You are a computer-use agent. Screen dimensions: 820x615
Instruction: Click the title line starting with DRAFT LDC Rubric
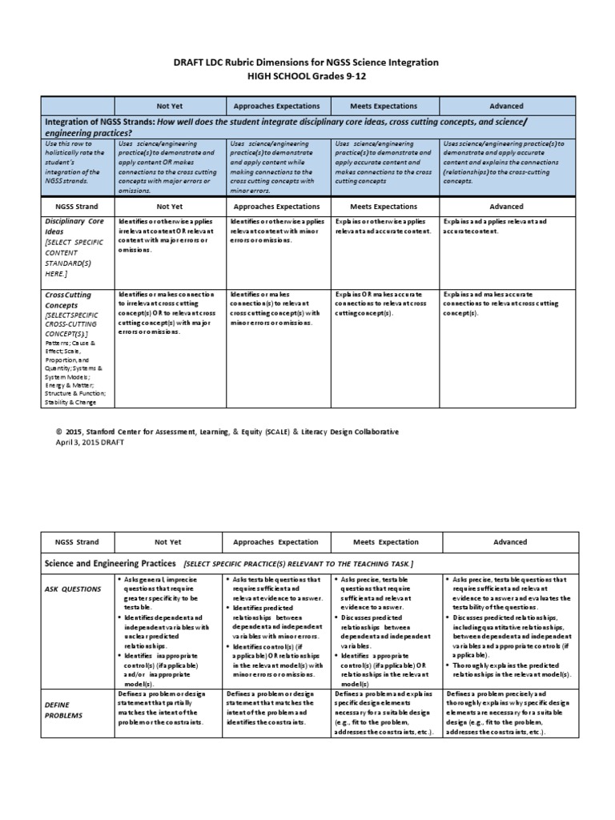pyautogui.click(x=307, y=62)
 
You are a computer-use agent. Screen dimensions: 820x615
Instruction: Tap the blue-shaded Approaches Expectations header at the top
pyautogui.click(x=276, y=106)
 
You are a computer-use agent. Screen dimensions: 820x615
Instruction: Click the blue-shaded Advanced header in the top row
pyautogui.click(x=506, y=106)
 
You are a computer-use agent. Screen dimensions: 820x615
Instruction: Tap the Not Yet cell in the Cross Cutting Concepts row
pyautogui.click(x=168, y=313)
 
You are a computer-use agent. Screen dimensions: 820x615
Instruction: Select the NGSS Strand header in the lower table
pyautogui.click(x=70, y=541)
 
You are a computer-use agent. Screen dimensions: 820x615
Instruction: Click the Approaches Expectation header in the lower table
pyautogui.click(x=275, y=541)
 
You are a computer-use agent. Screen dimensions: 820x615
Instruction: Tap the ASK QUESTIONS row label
pyautogui.click(x=73, y=589)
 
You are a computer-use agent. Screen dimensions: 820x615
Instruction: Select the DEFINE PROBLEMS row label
pyautogui.click(x=64, y=709)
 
